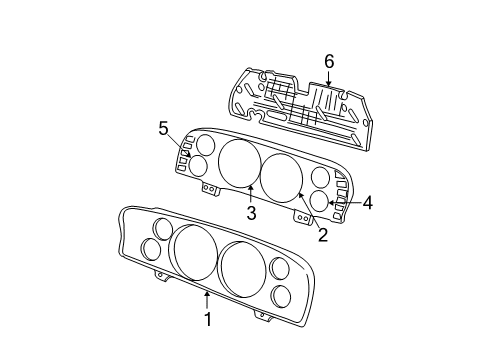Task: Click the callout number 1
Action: tap(208, 320)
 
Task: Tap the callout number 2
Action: tap(323, 235)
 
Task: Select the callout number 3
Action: tap(252, 213)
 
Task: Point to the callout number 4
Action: tap(367, 202)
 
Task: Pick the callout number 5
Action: tap(164, 127)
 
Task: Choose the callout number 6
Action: tap(328, 62)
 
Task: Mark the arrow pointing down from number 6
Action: tap(328, 80)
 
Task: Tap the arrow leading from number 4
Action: tap(346, 203)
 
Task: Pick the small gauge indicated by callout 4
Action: tap(321, 201)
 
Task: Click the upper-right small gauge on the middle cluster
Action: tap(321, 178)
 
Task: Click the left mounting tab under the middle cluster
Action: tap(209, 188)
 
